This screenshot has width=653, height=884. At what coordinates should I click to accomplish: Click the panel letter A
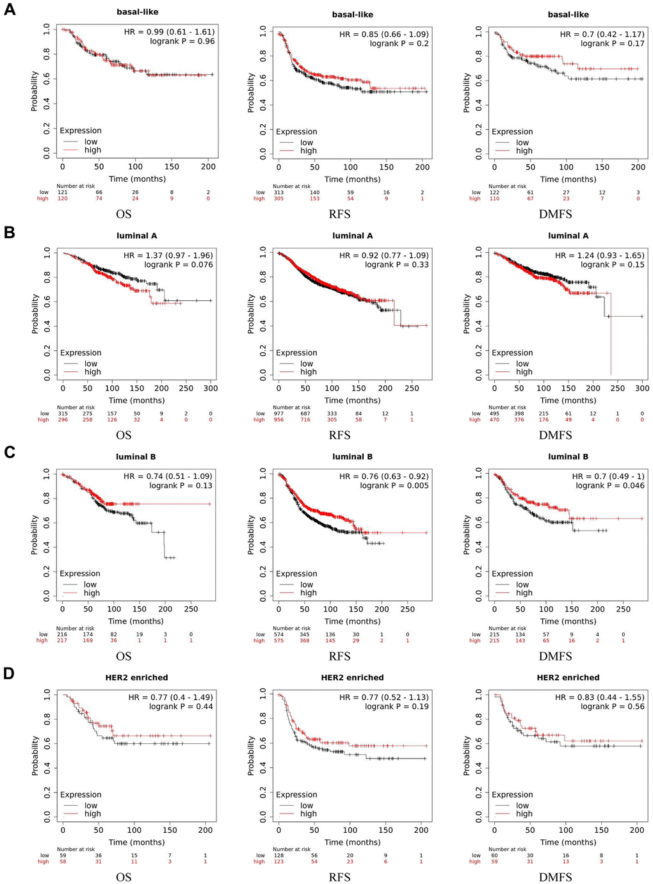tap(10, 10)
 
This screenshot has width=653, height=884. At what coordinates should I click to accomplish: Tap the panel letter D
tap(10, 674)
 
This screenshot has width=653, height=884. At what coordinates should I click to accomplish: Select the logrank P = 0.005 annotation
tap(394, 486)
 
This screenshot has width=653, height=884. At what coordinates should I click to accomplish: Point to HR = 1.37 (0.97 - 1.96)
tap(168, 255)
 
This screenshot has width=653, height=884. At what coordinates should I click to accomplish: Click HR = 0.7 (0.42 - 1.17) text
tap(602, 35)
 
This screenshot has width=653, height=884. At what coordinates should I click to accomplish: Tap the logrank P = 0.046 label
tap(610, 486)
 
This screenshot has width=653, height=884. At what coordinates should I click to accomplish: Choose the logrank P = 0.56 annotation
tap(613, 707)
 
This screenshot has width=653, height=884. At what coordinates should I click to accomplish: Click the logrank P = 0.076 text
tap(179, 264)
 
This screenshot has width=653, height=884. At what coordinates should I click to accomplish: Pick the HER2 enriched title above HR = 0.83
tap(568, 677)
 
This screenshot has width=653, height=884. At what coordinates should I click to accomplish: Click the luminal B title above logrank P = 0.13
tap(136, 456)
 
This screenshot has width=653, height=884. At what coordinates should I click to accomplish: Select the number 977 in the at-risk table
tap(278, 414)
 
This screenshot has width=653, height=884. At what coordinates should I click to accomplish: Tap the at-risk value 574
tap(278, 634)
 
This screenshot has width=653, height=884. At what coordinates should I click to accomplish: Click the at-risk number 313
tap(278, 192)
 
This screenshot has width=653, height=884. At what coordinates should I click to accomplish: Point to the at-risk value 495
tap(494, 414)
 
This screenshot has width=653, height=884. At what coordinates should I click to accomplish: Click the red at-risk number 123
tap(278, 862)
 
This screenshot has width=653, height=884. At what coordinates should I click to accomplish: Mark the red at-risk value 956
tap(278, 420)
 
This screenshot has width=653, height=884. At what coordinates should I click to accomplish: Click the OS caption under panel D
tap(124, 877)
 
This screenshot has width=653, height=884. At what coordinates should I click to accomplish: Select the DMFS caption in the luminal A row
tap(555, 435)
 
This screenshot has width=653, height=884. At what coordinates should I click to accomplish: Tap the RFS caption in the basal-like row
tap(340, 214)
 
